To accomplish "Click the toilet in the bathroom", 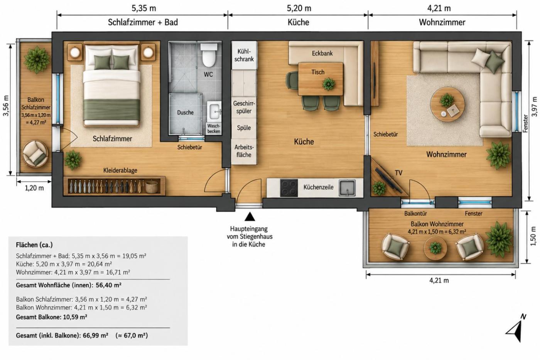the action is [209, 55].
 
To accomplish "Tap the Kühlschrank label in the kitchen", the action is [244, 55].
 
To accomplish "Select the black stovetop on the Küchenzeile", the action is [289, 188].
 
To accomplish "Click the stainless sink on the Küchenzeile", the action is [347, 188].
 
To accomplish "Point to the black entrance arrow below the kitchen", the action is [250, 216].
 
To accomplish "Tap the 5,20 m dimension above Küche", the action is [299, 8].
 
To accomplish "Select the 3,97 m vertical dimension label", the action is [534, 106].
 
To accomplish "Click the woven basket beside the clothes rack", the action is [152, 187].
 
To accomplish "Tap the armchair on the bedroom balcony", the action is [35, 153].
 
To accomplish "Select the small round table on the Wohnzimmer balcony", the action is [435, 248].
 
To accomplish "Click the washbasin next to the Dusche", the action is [214, 112].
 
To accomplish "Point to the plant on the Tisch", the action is [329, 84].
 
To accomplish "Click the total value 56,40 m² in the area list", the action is [108, 285].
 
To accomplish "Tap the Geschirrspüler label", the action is [244, 107].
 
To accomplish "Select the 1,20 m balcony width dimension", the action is [34, 188].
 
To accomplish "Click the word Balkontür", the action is [416, 214].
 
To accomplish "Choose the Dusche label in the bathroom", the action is [186, 113].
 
